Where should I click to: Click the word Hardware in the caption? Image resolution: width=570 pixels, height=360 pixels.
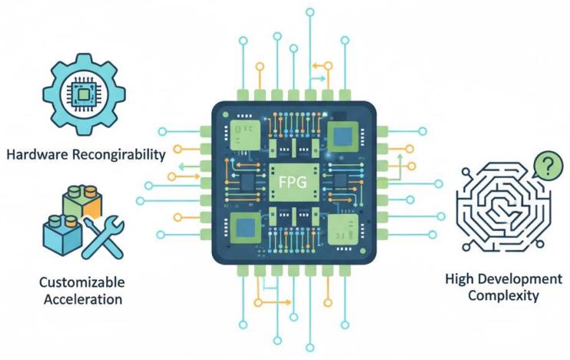[x=38, y=155]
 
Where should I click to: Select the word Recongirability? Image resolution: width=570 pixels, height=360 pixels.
[x=118, y=155]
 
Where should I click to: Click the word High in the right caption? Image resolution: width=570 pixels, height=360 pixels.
[x=461, y=278]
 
